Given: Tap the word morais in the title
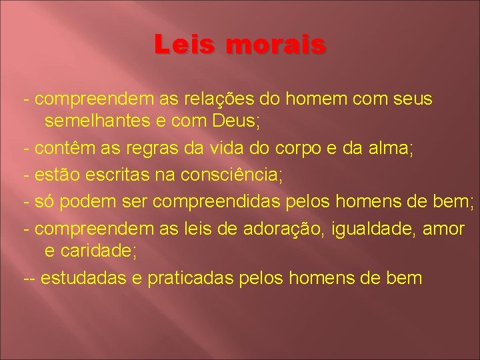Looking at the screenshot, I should [276, 45].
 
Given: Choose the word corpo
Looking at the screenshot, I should [294, 148].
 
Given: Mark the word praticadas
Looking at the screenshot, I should [191, 277].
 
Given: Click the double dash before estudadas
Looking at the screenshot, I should [29, 278].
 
